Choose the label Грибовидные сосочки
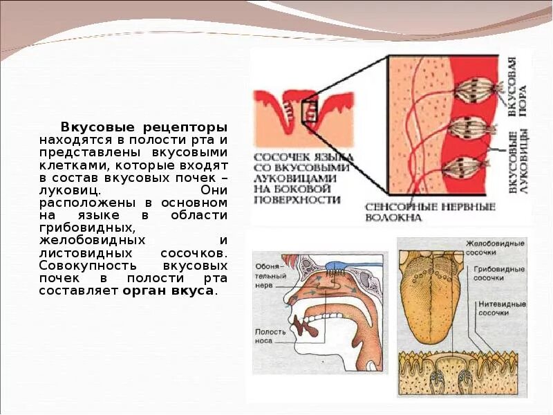tap(498, 273)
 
